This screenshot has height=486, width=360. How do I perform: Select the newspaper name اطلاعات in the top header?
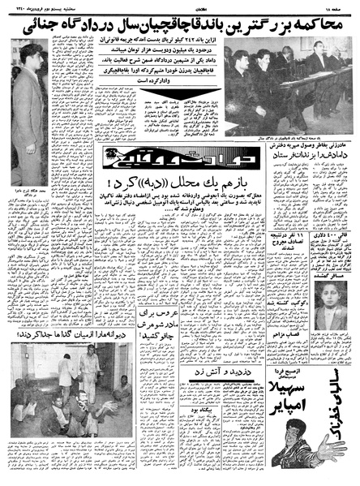click(180, 6)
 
